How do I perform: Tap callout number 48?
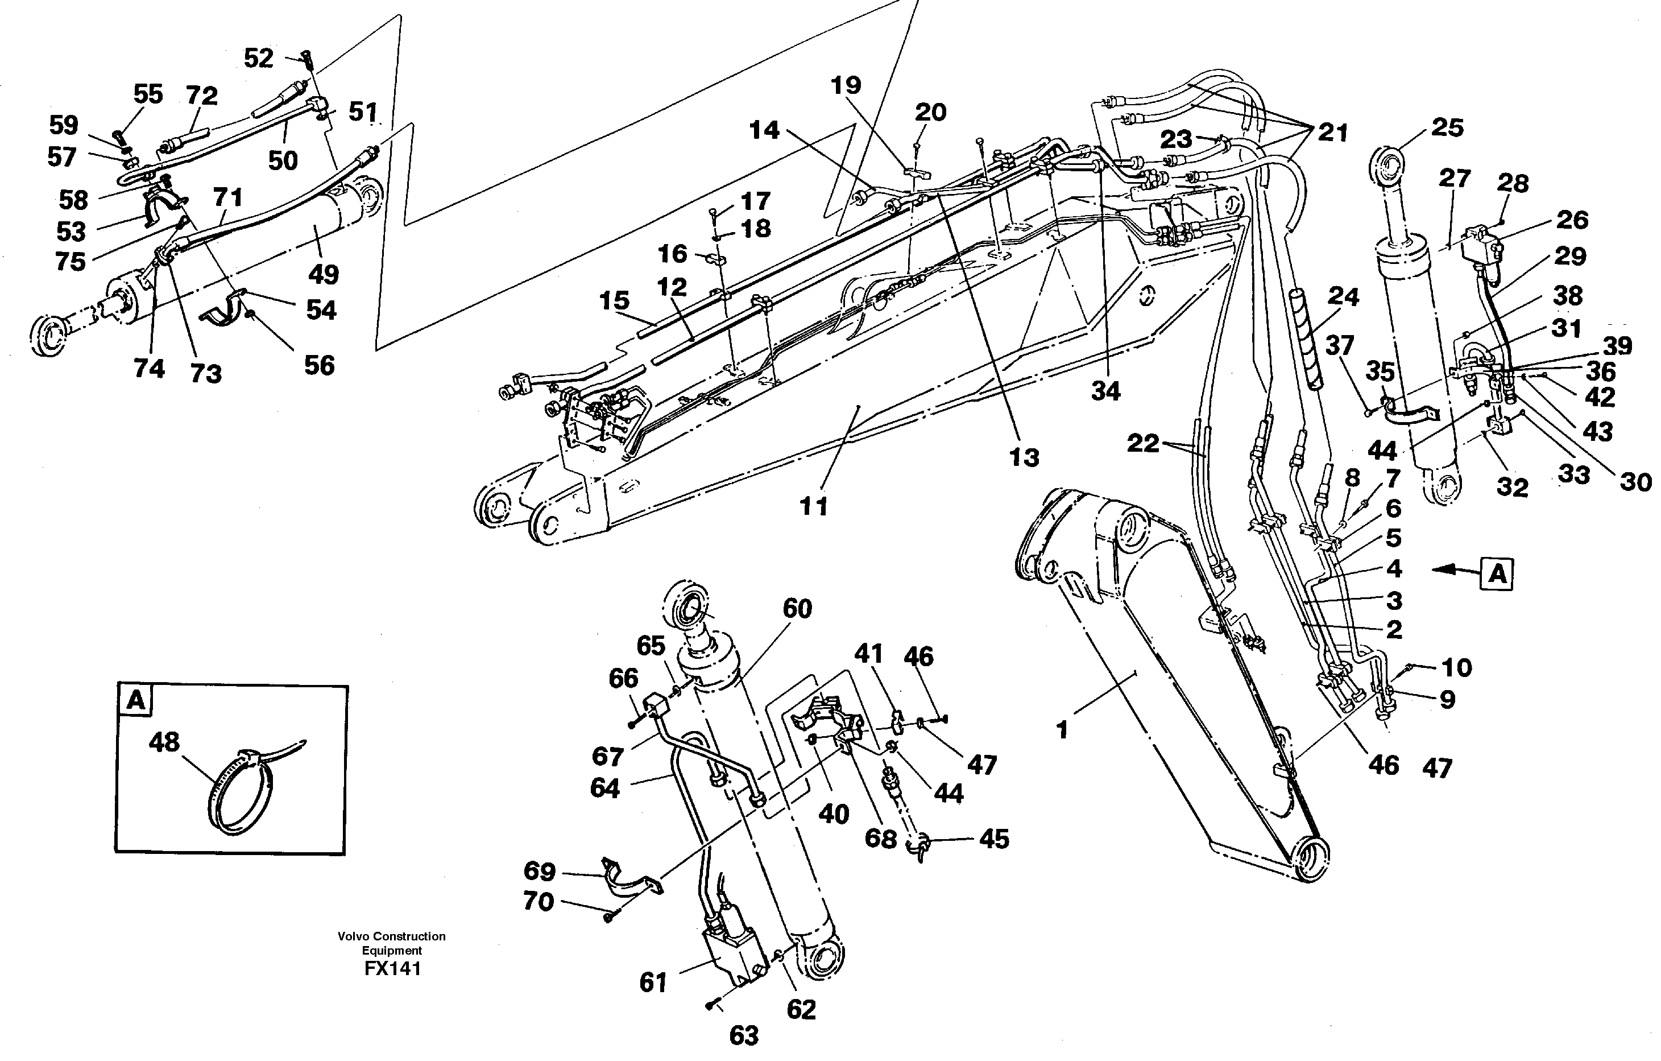[x=164, y=743]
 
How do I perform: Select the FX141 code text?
[x=392, y=968]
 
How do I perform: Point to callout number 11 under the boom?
[x=813, y=507]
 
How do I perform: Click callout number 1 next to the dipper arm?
[x=1062, y=730]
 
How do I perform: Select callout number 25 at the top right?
[x=1447, y=127]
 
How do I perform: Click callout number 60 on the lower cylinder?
[x=797, y=609]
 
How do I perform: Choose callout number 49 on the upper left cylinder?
[x=324, y=274]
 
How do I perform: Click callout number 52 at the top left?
[x=259, y=58]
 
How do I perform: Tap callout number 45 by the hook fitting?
[x=993, y=839]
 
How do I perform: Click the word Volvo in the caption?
[x=351, y=936]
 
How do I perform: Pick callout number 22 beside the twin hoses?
[x=1143, y=443]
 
